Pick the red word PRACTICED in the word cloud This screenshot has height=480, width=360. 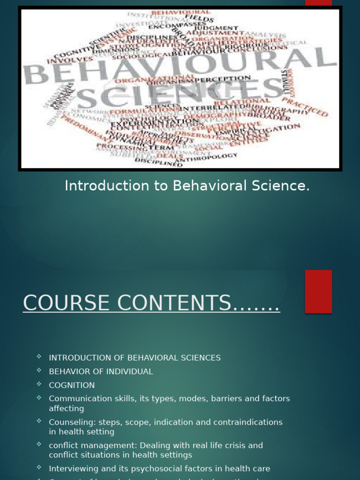coord(311,105)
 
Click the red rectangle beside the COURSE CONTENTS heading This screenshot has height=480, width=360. coord(318,291)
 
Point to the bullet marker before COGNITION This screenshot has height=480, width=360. coord(39,384)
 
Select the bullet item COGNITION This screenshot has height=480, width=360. coord(72,385)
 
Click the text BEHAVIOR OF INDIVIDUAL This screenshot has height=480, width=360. coord(101,372)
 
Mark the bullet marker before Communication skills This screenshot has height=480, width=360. coord(39,398)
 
